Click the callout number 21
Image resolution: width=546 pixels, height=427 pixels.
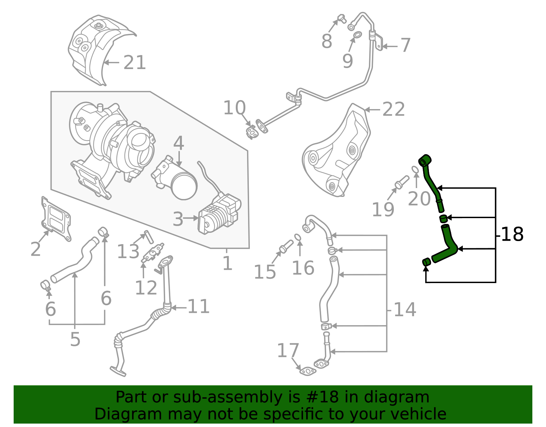point(134,63)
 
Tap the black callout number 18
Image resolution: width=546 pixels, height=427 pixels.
point(512,235)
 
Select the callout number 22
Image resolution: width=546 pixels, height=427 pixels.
point(393,110)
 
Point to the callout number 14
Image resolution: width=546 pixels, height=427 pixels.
point(405,310)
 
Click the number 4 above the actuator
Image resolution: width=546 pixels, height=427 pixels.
point(178,144)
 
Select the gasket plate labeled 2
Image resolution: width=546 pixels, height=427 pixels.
point(56,219)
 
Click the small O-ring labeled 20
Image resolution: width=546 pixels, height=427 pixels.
point(415,170)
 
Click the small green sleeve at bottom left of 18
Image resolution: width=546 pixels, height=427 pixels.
point(426,262)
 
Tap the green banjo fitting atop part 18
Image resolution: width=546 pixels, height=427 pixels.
point(425,160)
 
